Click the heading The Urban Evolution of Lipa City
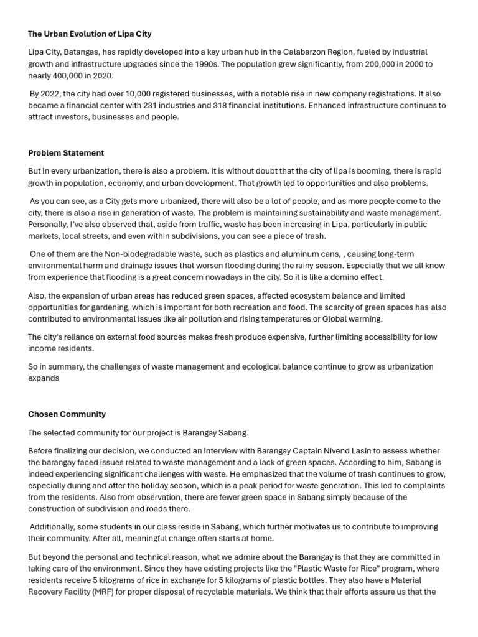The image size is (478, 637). click(x=90, y=34)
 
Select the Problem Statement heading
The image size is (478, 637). click(x=66, y=152)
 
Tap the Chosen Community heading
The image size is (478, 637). click(x=67, y=414)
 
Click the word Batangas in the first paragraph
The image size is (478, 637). click(x=85, y=52)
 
